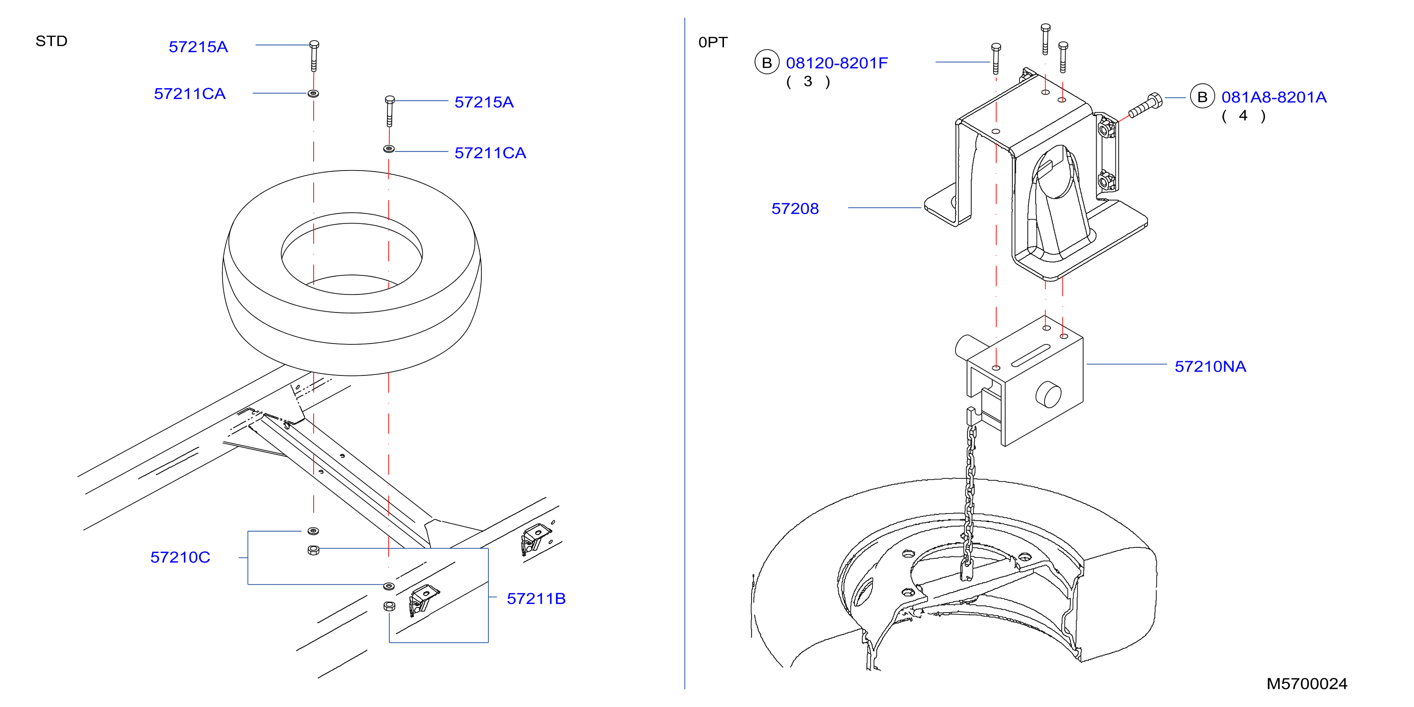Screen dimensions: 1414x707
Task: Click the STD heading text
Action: click(x=51, y=41)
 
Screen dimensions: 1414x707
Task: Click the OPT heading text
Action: click(x=712, y=42)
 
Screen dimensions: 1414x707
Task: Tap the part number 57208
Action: click(x=795, y=209)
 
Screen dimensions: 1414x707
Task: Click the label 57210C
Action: click(x=180, y=557)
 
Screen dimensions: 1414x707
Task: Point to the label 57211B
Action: click(x=536, y=598)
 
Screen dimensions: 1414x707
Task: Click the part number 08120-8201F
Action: click(x=836, y=63)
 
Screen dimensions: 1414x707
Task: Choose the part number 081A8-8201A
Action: click(x=1273, y=97)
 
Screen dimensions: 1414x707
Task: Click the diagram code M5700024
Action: click(x=1306, y=683)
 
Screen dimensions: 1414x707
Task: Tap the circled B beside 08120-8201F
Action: click(x=767, y=62)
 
